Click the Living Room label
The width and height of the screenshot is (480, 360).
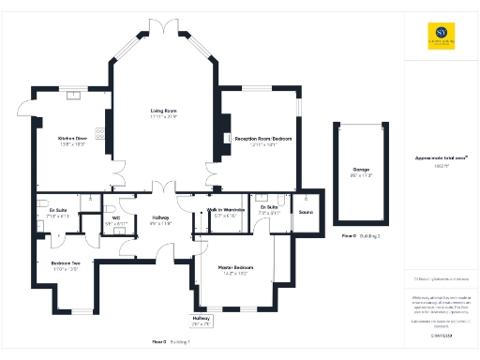tap(164, 112)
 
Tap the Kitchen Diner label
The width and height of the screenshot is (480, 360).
tap(72, 141)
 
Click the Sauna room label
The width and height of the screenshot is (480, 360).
tap(305, 212)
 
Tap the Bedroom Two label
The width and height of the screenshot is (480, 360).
tap(65, 265)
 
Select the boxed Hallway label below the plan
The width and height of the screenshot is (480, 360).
tap(202, 321)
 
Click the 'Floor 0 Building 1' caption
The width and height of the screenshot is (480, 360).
tap(171, 340)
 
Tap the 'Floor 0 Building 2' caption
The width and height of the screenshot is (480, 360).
tap(361, 235)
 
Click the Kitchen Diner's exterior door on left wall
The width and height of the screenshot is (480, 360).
tap(34, 123)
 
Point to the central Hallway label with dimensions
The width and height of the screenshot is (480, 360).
tap(160, 220)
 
